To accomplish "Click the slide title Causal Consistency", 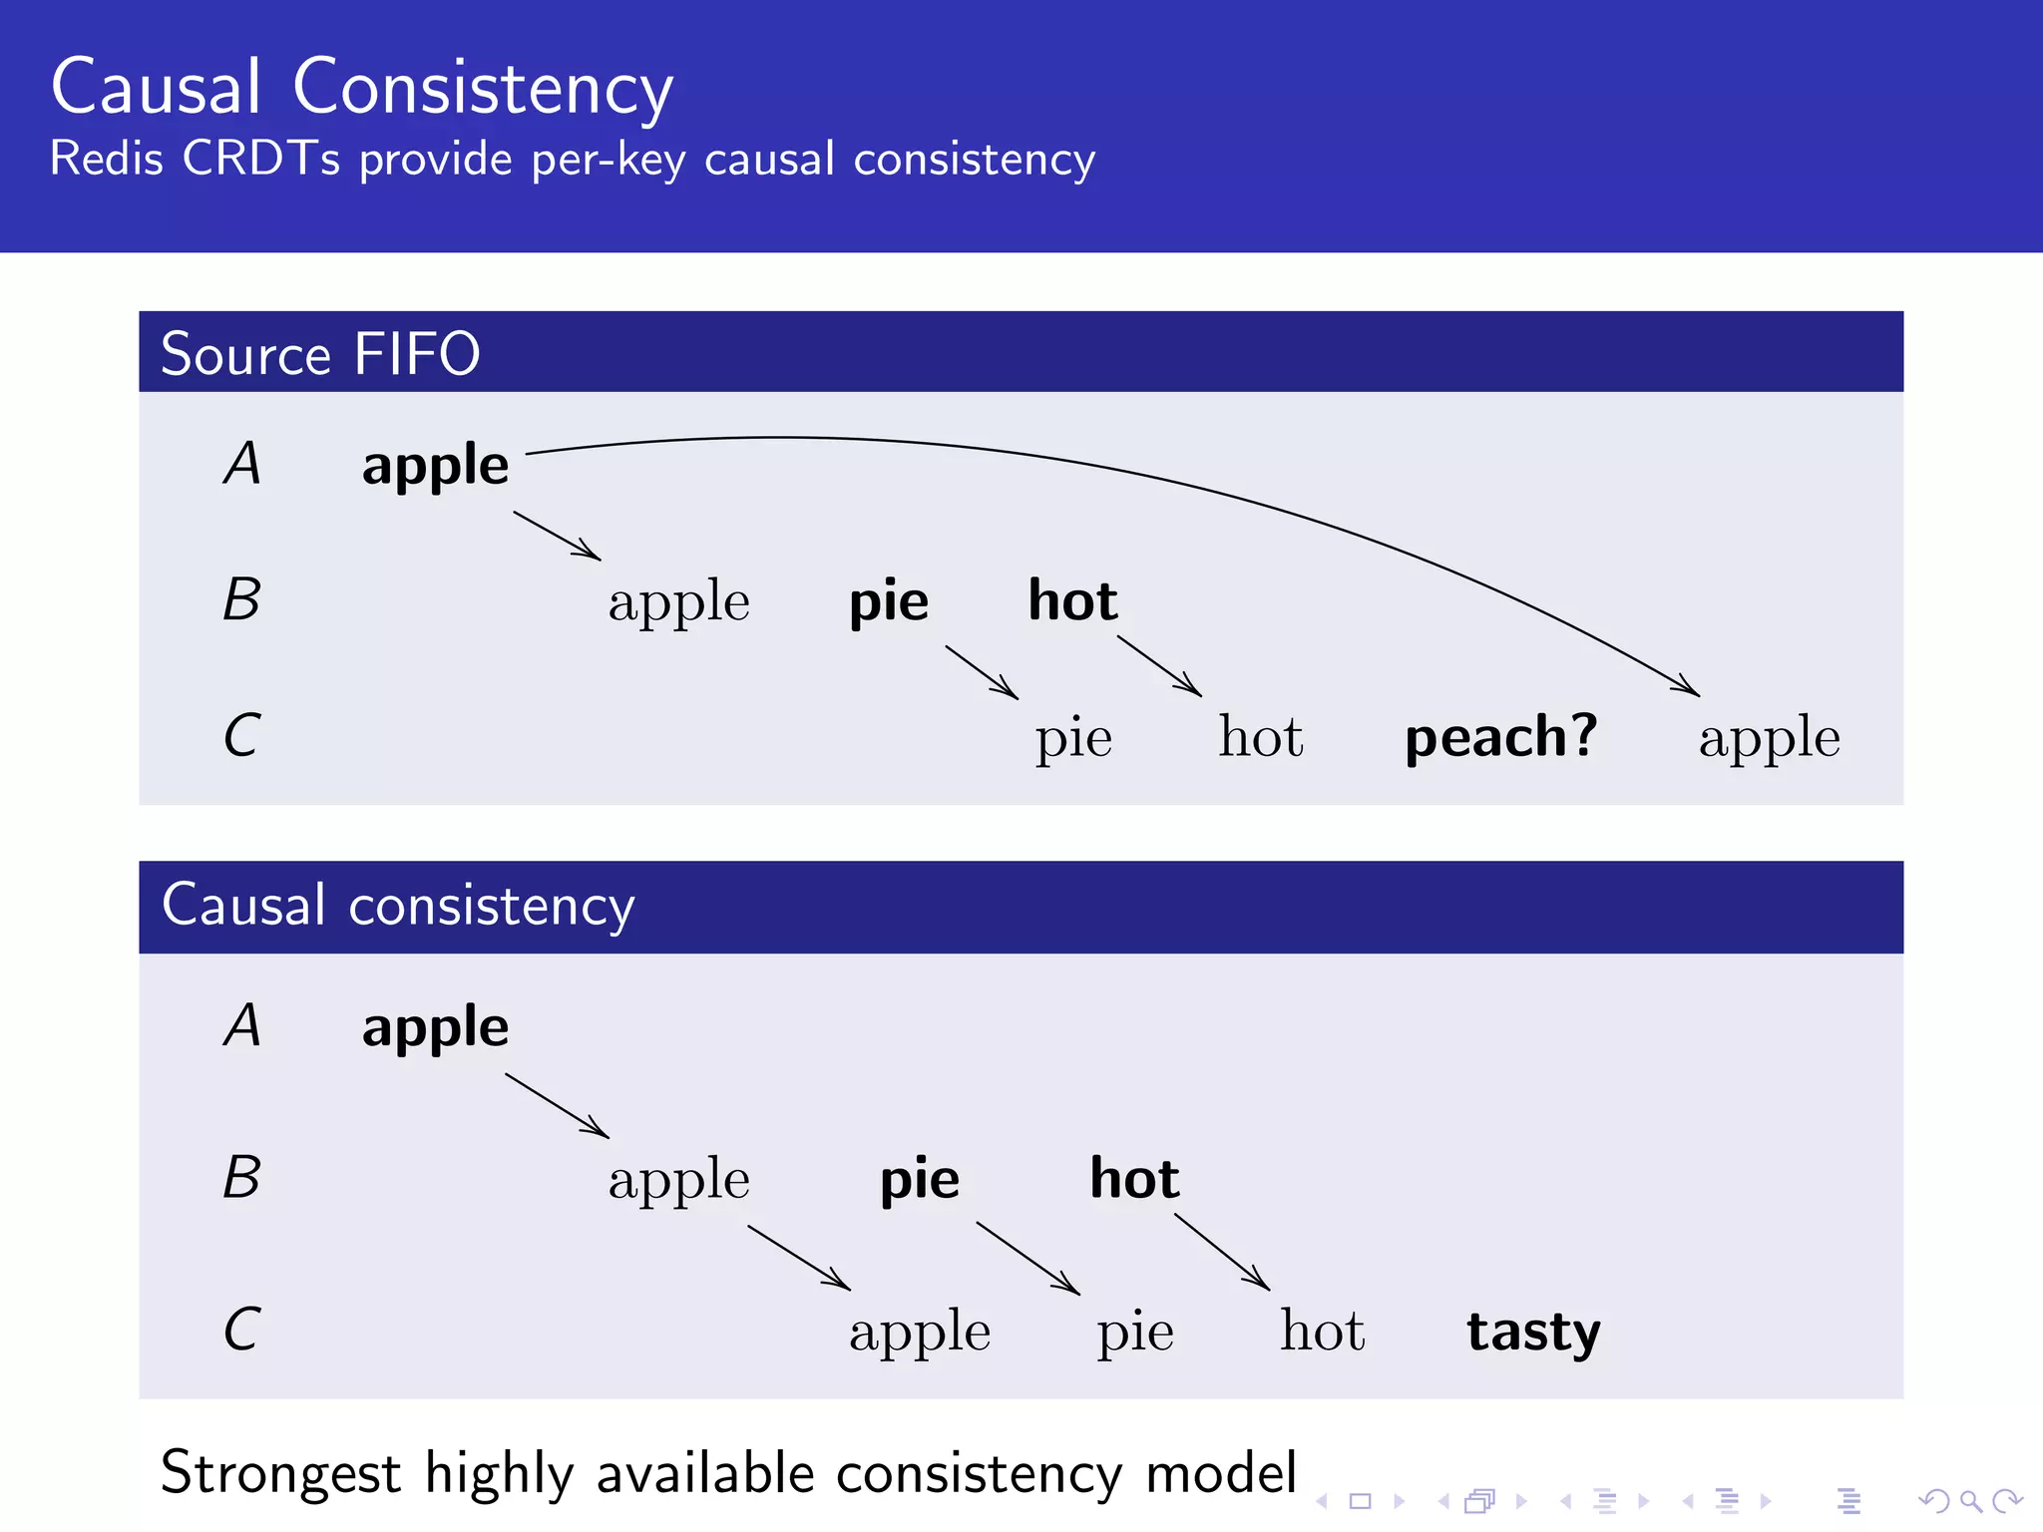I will pyautogui.click(x=361, y=88).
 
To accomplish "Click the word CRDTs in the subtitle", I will pyautogui.click(x=260, y=159).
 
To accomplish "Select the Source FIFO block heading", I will pyautogui.click(x=320, y=354).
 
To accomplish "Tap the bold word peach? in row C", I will pyautogui.click(x=1500, y=737).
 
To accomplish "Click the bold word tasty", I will pyautogui.click(x=1533, y=1332).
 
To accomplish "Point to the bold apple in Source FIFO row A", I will pyautogui.click(x=435, y=466).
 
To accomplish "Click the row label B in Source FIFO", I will pyautogui.click(x=241, y=599).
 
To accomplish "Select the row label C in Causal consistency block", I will pyautogui.click(x=241, y=1330).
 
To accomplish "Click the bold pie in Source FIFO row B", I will pyautogui.click(x=888, y=602).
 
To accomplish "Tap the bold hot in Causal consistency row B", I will pyautogui.click(x=1134, y=1179).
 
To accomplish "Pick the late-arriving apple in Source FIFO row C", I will pyautogui.click(x=1769, y=739).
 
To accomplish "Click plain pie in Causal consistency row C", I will pyautogui.click(x=1134, y=1333).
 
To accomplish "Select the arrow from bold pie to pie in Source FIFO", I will pyautogui.click(x=982, y=672).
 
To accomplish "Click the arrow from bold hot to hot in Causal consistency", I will pyautogui.click(x=1222, y=1252).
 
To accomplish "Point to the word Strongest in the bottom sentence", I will pyautogui.click(x=280, y=1473).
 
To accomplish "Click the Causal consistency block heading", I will pyautogui.click(x=398, y=906).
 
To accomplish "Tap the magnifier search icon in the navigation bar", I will pyautogui.click(x=1970, y=1501).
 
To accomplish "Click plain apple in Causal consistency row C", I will pyautogui.click(x=919, y=1333).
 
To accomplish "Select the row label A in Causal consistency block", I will pyautogui.click(x=242, y=1025).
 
